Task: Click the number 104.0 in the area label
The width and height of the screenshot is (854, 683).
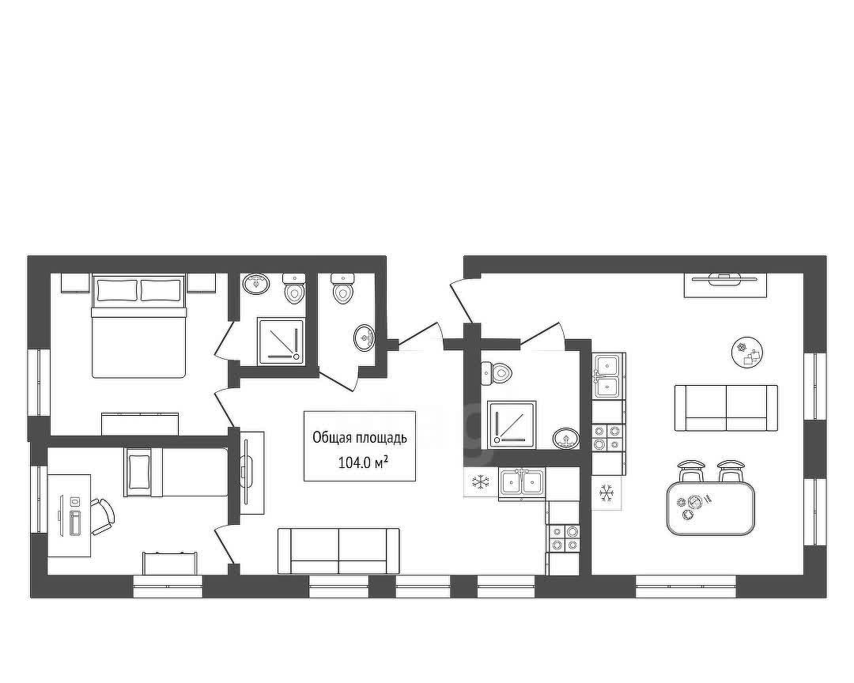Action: (354, 463)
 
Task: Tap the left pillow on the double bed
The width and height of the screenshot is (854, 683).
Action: (117, 290)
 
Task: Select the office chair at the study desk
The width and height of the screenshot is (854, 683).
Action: (102, 516)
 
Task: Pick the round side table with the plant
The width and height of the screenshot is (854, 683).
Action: (746, 352)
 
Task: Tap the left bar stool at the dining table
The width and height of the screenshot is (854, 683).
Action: (691, 471)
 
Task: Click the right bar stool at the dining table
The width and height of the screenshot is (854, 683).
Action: (731, 471)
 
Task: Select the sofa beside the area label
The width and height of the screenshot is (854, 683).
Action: (338, 551)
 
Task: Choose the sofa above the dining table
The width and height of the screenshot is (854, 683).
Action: (726, 408)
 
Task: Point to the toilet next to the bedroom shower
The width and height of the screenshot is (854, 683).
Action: (295, 289)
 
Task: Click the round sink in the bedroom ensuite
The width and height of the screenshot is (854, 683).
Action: (256, 284)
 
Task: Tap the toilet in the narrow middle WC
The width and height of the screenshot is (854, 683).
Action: (342, 288)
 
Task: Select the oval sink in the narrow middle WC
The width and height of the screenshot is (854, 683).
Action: (364, 338)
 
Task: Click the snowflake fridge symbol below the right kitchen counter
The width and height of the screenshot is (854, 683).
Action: (606, 493)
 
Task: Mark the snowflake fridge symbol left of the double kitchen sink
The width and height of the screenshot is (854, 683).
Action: (481, 481)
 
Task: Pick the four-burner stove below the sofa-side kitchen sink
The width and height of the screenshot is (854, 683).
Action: (607, 438)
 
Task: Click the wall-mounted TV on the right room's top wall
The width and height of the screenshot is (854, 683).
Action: (725, 278)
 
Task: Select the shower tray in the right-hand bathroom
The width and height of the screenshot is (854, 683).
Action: (512, 424)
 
